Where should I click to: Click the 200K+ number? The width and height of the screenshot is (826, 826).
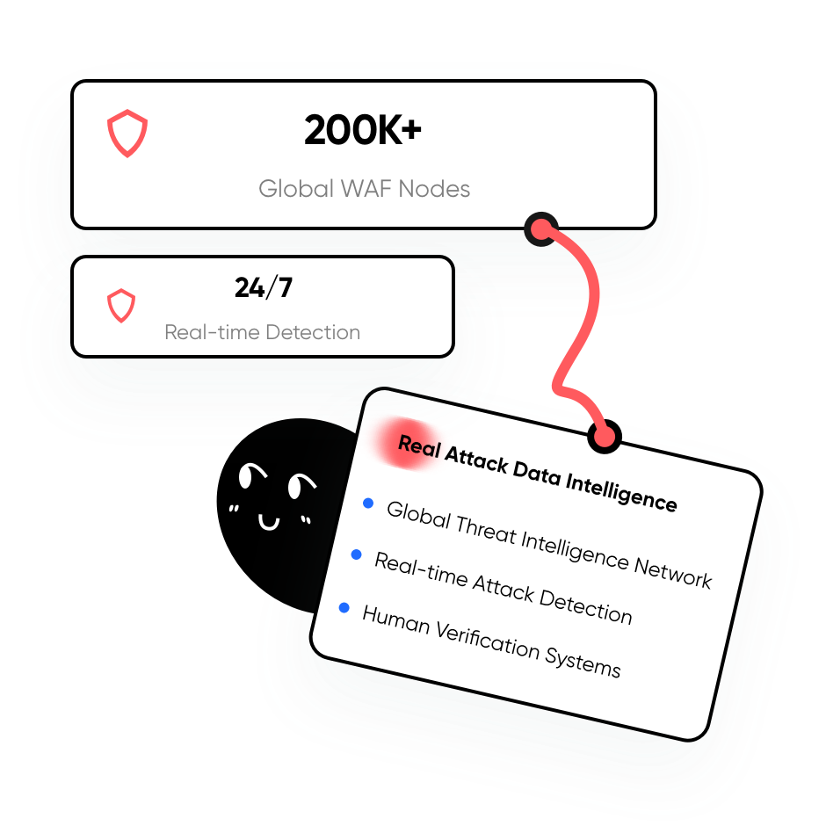pos(363,132)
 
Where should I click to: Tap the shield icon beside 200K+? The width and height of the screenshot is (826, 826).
pos(127,134)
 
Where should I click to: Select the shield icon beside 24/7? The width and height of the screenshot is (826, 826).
pos(121,305)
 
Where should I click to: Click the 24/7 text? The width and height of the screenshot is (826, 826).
pos(263,287)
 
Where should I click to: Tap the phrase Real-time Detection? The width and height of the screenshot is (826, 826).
pos(262,332)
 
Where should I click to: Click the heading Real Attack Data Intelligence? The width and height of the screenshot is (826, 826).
pos(537,472)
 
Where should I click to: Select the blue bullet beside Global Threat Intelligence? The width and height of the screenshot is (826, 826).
pos(368,504)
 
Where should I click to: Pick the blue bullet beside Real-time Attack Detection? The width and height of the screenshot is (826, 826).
pos(356,554)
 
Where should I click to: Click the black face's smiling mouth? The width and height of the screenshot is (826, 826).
pos(268,524)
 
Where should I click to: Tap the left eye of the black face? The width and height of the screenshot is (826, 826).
pos(252,479)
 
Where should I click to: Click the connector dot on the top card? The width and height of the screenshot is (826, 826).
pos(540,230)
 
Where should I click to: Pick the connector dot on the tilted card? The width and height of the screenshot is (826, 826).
pos(605,436)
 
